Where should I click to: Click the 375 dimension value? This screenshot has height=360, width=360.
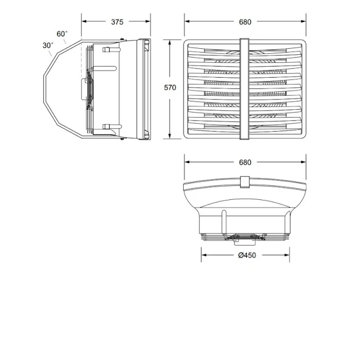(x=116, y=22)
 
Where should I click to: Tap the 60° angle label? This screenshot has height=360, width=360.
(x=62, y=35)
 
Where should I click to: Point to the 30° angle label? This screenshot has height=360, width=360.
(x=48, y=45)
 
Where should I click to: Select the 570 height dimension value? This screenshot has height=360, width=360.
(x=170, y=87)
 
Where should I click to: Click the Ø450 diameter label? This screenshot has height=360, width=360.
(x=245, y=256)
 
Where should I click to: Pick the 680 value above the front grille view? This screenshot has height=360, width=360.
(x=245, y=22)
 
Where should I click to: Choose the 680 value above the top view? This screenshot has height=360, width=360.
(x=245, y=163)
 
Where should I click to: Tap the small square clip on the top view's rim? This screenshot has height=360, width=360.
(x=245, y=182)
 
